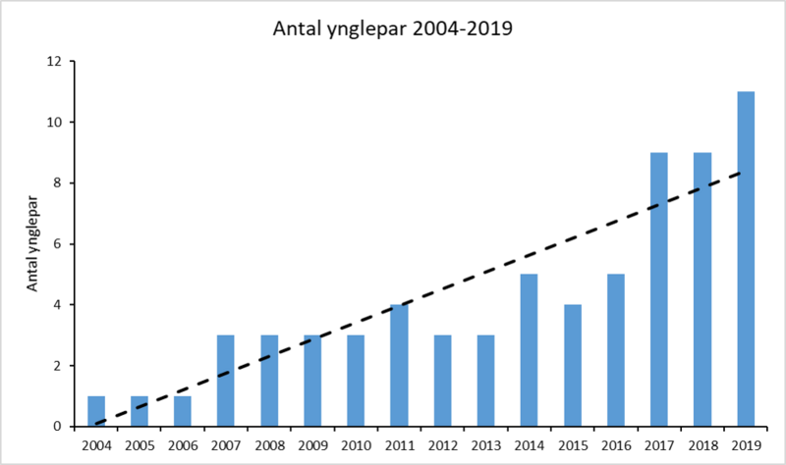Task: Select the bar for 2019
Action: [746, 259]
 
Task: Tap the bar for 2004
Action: [96, 411]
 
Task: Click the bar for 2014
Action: [529, 350]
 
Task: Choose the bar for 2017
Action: [659, 289]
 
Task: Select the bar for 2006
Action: [183, 411]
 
